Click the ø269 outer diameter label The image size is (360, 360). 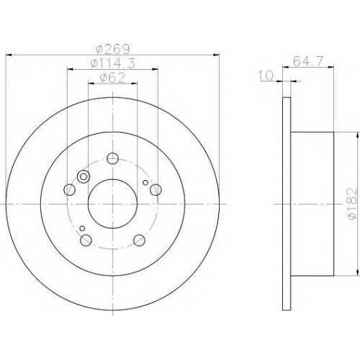(112, 49)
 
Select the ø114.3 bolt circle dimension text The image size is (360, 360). (112, 63)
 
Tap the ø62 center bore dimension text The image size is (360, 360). (112, 78)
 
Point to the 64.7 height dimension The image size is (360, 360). (308, 61)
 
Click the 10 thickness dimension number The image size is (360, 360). (266, 76)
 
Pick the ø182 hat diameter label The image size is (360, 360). (352, 203)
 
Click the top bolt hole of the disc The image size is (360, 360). (112, 158)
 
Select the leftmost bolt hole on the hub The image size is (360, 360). (70, 189)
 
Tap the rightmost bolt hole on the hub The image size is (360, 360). (156, 189)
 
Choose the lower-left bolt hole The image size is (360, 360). (86, 240)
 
